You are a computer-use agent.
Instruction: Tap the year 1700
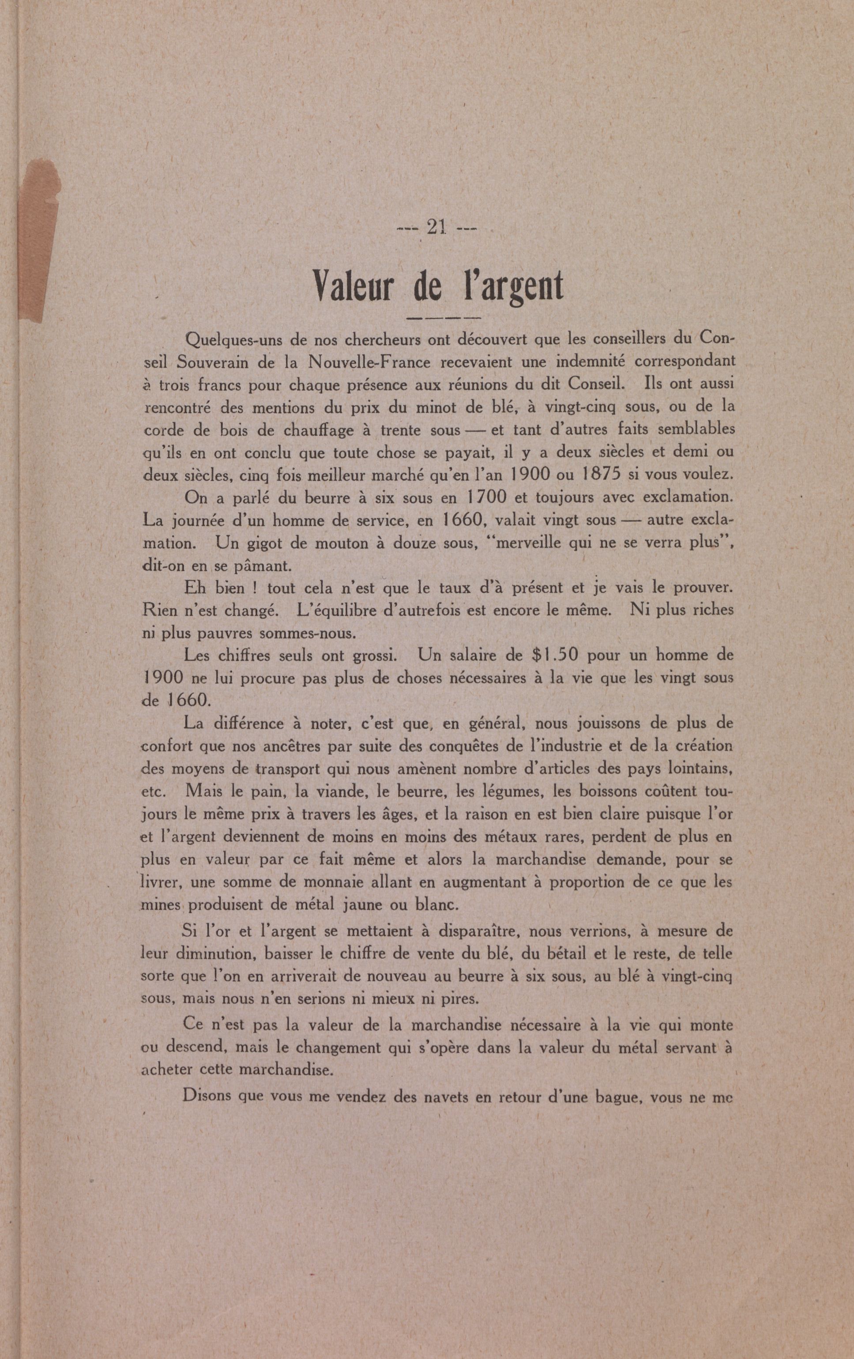pyautogui.click(x=487, y=498)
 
